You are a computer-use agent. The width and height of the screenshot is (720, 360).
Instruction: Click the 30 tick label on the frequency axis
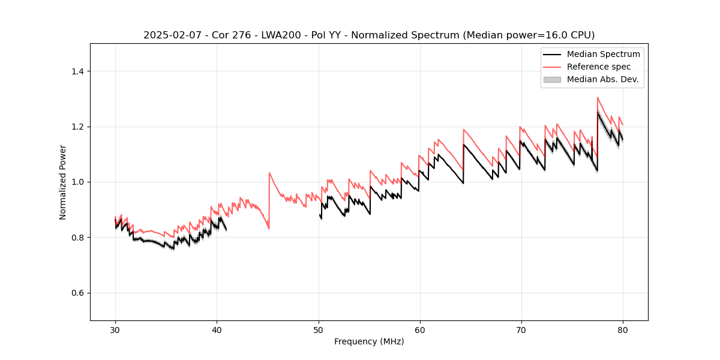coord(115,329)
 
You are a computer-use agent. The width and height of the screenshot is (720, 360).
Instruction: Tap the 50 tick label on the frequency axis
coord(318,329)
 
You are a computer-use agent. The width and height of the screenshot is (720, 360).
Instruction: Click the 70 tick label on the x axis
coord(521,329)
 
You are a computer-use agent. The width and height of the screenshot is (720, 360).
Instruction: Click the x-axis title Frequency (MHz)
coord(369,341)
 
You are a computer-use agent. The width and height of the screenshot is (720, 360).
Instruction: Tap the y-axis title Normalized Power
coord(63,182)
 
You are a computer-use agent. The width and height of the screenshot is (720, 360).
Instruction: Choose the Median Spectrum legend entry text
coord(603,54)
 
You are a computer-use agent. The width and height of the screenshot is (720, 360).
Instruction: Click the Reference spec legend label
coord(599,67)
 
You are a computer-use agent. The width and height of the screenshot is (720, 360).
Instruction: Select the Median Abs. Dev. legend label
coord(603,79)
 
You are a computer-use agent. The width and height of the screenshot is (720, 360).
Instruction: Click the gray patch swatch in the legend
coord(552,79)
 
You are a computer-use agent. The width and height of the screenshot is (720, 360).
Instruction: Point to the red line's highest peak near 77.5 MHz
coord(598,97)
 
